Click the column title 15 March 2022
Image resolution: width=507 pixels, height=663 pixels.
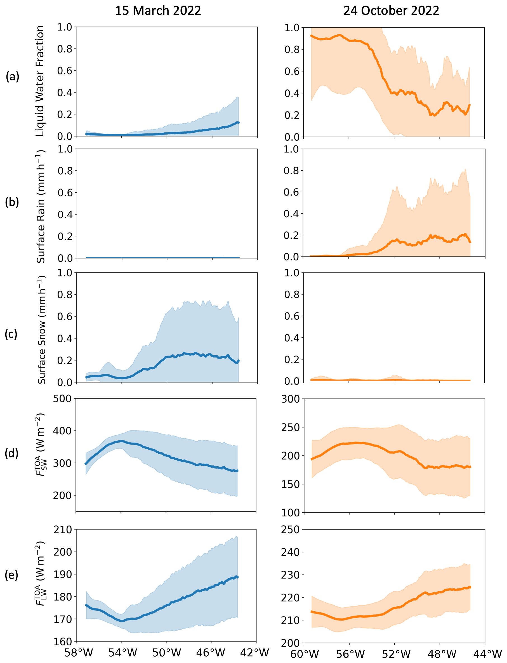[x=158, y=11]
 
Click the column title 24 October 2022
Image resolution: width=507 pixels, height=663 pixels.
[x=391, y=11]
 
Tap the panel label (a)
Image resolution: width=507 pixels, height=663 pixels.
[x=12, y=77]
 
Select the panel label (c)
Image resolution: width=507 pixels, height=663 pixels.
[x=11, y=334]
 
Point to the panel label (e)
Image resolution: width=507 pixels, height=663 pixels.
[x=11, y=575]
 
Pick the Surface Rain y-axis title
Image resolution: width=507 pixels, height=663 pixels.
[x=41, y=206]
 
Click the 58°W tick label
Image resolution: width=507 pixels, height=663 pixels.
[x=79, y=653]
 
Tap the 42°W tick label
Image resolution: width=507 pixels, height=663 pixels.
[x=254, y=653]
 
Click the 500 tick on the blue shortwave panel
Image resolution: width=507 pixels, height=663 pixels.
[x=62, y=399]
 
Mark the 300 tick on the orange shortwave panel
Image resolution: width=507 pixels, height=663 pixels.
[x=290, y=399]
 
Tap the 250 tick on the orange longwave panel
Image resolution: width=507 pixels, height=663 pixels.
[x=290, y=530]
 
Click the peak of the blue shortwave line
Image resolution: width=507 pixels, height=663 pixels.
[x=121, y=441]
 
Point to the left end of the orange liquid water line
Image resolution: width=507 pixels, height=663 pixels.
[x=312, y=36]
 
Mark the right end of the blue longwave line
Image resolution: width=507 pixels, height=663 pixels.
[x=238, y=577]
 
